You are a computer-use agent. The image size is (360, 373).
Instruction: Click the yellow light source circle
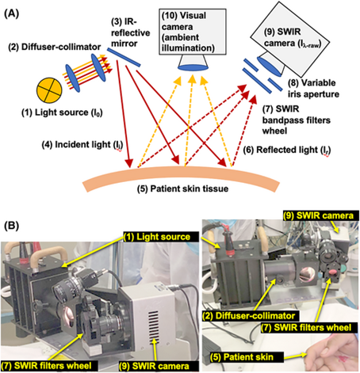pos(49,90)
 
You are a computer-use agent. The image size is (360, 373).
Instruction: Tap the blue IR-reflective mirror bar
pos(124,58)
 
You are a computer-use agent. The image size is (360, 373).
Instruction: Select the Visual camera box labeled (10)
pos(193,32)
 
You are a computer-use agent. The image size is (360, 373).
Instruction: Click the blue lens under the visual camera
pos(193,68)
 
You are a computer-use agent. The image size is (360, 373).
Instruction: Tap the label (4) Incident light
pos(82,145)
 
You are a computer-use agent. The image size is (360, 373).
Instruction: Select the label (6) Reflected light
pos(287,150)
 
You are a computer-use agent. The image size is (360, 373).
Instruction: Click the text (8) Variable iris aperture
pos(313,89)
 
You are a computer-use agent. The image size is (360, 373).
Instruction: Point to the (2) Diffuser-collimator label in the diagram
pos(55,47)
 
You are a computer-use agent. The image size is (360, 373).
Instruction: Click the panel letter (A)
pos(11,13)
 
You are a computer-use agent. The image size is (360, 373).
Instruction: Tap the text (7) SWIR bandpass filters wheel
pos(297,120)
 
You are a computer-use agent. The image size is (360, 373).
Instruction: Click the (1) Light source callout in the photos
pos(161,237)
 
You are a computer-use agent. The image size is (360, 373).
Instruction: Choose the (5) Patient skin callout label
pos(247,357)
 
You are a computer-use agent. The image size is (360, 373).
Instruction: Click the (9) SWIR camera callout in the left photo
pos(159,366)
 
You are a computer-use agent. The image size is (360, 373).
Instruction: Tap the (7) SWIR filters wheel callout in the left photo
pos(49,366)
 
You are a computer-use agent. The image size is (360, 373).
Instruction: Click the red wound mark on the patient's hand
pos(343,359)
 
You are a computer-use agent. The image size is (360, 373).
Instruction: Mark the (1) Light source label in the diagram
pos(62,112)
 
